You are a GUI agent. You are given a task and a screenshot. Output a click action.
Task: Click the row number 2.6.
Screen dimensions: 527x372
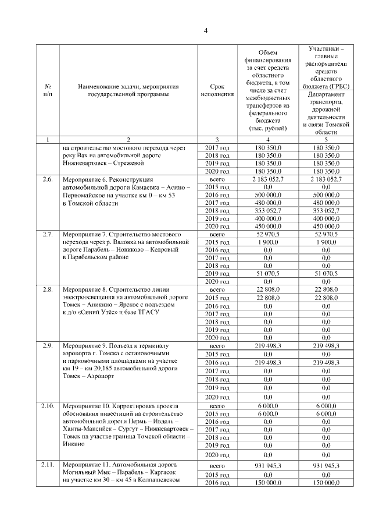(x=48, y=180)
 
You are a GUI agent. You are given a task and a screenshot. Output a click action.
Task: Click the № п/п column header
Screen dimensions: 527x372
(x=48, y=90)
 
